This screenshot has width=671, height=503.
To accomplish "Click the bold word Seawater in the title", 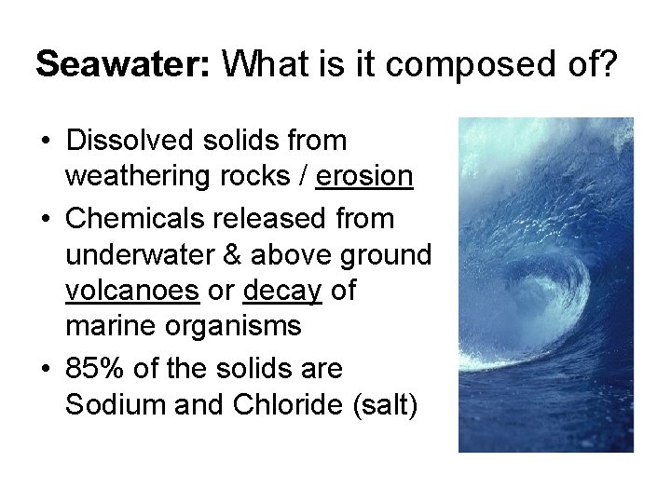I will (x=123, y=64).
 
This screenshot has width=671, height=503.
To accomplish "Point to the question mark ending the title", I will (x=607, y=64).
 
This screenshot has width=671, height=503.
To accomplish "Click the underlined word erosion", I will (x=363, y=176).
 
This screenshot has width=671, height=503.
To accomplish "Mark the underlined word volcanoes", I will (x=132, y=291).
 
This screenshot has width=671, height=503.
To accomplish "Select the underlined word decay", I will (x=281, y=291).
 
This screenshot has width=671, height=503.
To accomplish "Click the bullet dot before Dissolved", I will (x=45, y=142).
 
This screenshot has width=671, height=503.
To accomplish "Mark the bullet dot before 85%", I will (x=45, y=370).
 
